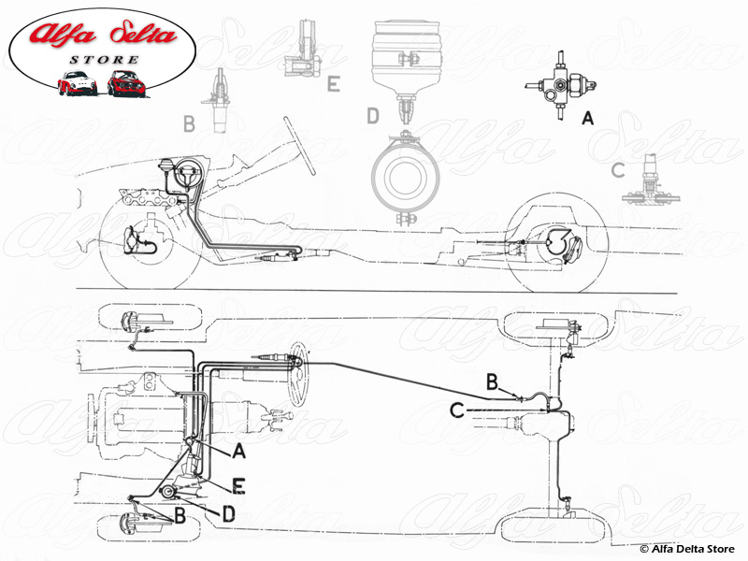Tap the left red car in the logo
(78, 82)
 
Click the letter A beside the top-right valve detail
(587, 119)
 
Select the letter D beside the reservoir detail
(373, 116)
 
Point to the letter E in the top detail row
(333, 85)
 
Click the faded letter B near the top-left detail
(189, 122)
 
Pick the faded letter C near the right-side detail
(617, 170)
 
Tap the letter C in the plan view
(457, 409)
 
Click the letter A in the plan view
(238, 452)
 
